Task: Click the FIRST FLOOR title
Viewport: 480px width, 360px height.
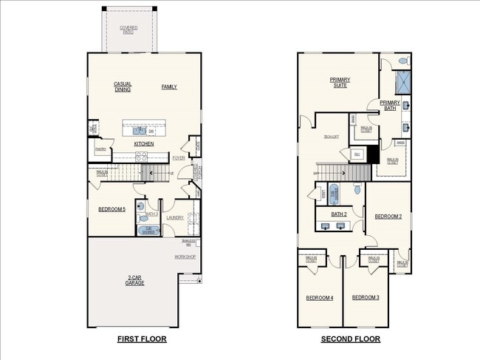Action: coord(142,339)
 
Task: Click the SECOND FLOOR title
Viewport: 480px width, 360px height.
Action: coord(350,339)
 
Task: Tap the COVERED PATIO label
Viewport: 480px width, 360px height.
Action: coord(128,30)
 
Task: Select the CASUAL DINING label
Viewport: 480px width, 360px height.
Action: coord(123,86)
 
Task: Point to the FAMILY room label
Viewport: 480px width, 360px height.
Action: coord(169,86)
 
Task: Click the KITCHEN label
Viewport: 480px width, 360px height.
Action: coord(144,143)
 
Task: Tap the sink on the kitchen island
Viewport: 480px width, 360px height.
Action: coord(140,130)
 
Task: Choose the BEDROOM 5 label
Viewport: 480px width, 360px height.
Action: coord(112,210)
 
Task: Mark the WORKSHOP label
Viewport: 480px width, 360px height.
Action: coord(185,257)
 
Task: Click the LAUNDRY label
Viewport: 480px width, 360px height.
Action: coord(175,217)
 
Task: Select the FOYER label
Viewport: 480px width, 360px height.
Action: coord(179,157)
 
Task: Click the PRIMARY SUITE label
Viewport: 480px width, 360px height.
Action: coord(340,82)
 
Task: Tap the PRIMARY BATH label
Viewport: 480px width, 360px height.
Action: coord(390,105)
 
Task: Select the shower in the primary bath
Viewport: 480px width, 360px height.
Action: coord(402,81)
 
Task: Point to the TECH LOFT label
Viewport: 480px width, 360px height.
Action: coord(330,137)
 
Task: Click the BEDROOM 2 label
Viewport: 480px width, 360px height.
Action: coord(388,217)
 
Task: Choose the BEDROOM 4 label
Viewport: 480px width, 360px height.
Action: coord(320,297)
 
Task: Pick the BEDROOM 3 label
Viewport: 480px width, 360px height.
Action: coord(365,297)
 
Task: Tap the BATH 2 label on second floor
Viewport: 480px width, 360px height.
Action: coord(339,214)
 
